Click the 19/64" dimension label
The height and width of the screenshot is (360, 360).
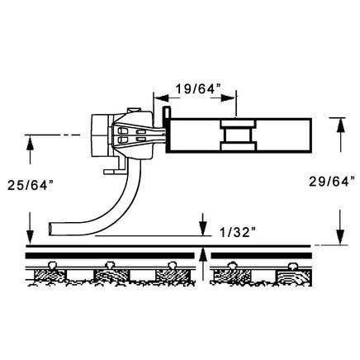[x=199, y=89]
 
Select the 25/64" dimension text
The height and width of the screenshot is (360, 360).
[x=30, y=185]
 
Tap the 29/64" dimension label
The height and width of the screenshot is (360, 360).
[x=331, y=182]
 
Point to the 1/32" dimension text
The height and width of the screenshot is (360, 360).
[x=238, y=233]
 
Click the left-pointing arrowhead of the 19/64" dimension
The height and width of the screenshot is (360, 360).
[x=161, y=98]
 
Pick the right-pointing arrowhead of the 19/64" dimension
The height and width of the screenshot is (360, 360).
[x=229, y=98]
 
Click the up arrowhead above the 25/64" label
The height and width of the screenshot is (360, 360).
[x=30, y=143]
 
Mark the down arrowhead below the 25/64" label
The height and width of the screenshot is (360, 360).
[x=30, y=237]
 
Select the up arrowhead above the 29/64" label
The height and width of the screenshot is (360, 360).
[x=341, y=126]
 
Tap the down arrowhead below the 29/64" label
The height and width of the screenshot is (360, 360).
[x=341, y=237]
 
